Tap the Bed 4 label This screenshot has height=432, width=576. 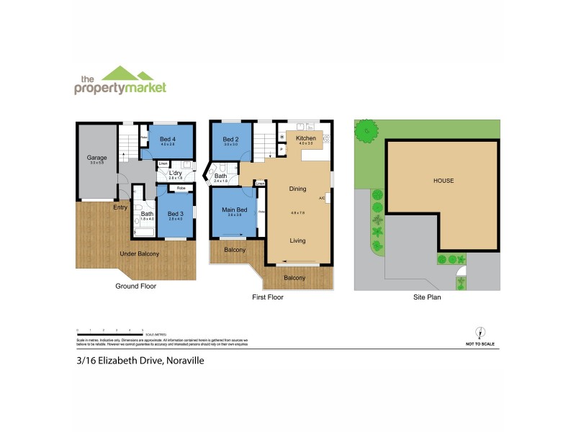click(x=168, y=140)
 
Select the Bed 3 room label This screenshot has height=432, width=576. click(x=176, y=213)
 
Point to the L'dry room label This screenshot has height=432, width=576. click(x=175, y=173)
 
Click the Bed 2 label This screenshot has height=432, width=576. click(x=230, y=139)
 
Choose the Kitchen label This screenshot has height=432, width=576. click(x=306, y=138)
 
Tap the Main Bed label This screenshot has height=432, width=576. click(x=234, y=210)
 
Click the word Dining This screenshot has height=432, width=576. click(x=297, y=189)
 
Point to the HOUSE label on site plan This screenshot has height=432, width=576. click(x=443, y=181)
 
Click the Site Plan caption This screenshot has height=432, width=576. click(x=426, y=296)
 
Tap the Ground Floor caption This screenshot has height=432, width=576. click(x=136, y=286)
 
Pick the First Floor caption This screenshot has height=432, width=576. click(x=268, y=296)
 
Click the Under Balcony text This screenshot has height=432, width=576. click(x=139, y=253)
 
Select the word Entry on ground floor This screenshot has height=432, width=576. click(x=120, y=207)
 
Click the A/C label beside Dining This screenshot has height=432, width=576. click(x=322, y=197)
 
